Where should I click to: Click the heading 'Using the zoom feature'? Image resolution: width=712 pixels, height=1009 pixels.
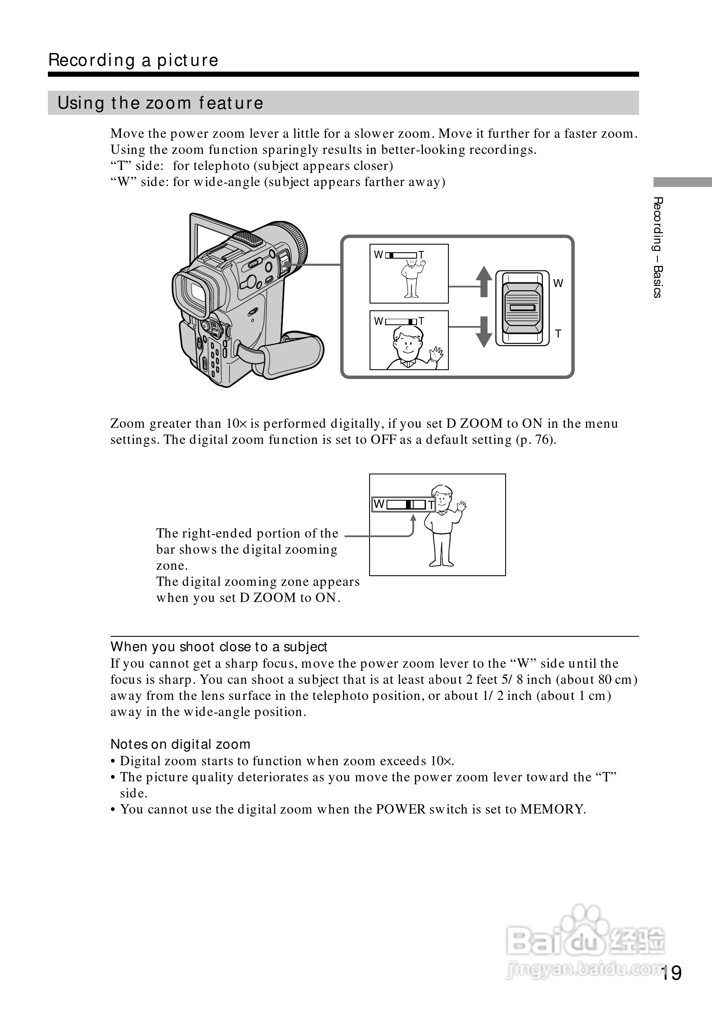point(160,103)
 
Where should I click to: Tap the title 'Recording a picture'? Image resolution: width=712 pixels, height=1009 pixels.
point(133,60)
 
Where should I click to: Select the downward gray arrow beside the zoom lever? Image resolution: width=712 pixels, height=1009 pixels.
point(484,332)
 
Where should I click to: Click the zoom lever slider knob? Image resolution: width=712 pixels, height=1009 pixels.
point(522,308)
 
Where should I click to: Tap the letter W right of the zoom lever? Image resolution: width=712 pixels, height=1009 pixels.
point(558,284)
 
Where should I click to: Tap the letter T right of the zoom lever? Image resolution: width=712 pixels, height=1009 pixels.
point(558,334)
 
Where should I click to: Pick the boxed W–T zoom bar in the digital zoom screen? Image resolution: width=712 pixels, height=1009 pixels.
point(403,504)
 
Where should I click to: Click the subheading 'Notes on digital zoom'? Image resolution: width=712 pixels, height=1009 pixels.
point(180,744)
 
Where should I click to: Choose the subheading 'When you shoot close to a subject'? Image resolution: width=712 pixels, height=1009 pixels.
point(219,647)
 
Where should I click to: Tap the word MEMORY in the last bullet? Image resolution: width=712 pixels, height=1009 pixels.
point(552,809)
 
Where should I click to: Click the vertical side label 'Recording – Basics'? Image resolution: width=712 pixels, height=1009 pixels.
point(657,248)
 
